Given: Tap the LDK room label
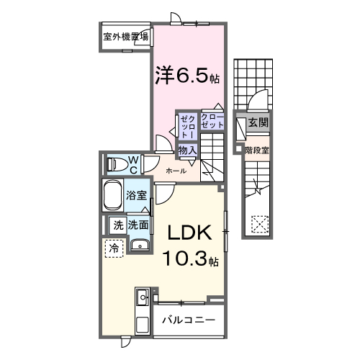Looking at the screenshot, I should pyautogui.click(x=189, y=234).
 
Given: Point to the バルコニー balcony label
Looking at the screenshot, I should pyautogui.click(x=187, y=318).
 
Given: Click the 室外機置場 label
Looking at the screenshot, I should pyautogui.click(x=125, y=37).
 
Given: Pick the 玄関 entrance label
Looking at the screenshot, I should pyautogui.click(x=258, y=123).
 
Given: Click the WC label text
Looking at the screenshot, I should pyautogui.click(x=134, y=164).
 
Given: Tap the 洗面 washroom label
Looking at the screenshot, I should pyautogui.click(x=140, y=225).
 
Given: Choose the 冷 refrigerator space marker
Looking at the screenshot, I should pyautogui.click(x=114, y=248).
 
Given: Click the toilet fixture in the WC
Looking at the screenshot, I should pyautogui.click(x=115, y=164).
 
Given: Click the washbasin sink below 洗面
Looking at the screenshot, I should pyautogui.click(x=140, y=246).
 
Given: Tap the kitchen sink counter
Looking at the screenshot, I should pyautogui.click(x=141, y=302).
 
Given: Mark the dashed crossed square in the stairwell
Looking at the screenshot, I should pyautogui.click(x=257, y=223).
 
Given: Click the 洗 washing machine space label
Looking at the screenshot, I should pyautogui.click(x=117, y=225).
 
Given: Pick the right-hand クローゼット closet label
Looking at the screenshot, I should pyautogui.click(x=212, y=121).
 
